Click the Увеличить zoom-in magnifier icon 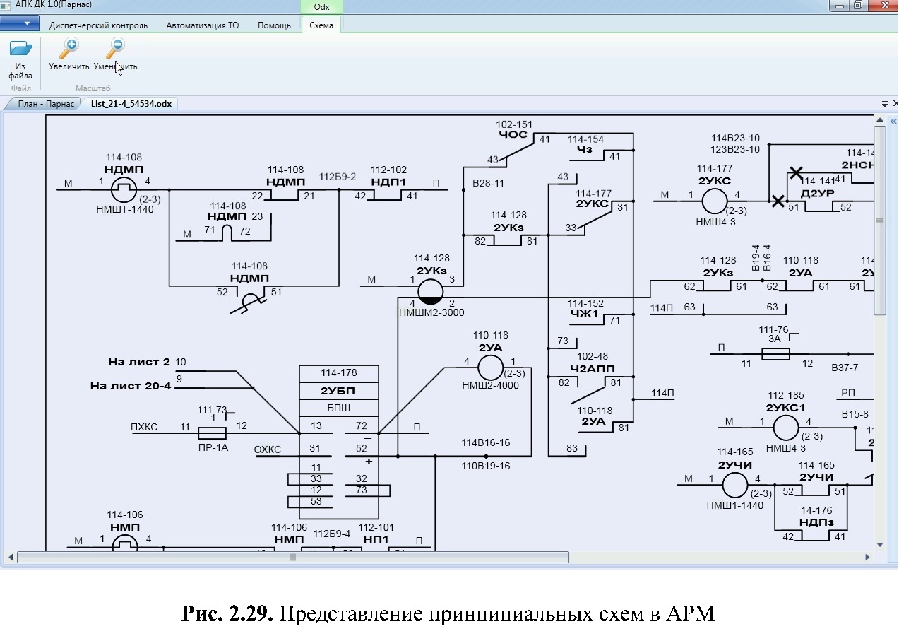click(69, 49)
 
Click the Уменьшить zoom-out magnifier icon click(115, 49)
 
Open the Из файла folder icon click(20, 50)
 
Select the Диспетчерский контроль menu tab click(98, 25)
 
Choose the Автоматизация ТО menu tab click(203, 25)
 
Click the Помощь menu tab click(274, 25)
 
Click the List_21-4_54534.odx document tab click(131, 104)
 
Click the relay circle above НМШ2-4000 click(489, 368)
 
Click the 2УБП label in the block click(338, 391)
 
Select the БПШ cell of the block click(338, 408)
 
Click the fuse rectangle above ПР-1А click(212, 433)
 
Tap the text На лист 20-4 click(131, 386)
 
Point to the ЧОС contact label click(513, 134)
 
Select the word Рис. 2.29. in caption click(227, 613)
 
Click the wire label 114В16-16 click(486, 442)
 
